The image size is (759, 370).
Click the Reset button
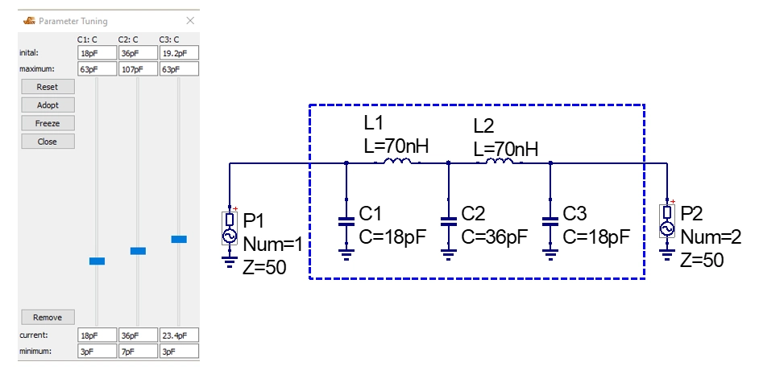48,87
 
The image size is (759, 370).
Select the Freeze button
48,123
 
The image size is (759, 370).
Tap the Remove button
48,318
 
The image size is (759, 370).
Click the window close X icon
190,20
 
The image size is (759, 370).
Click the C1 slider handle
97,261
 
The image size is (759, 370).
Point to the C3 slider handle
179,239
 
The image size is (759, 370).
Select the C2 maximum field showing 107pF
138,69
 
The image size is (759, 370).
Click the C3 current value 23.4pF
179,335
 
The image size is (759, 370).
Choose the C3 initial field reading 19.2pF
179,52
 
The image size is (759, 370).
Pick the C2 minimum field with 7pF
138,351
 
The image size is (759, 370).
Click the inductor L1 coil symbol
397,161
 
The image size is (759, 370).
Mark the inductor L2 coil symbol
499,161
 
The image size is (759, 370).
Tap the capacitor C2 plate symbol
448,222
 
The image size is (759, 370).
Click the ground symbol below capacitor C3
550,254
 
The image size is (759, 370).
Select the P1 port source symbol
230,228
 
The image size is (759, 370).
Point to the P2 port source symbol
667,221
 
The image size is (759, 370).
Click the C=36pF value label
494,236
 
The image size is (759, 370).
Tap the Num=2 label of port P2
711,236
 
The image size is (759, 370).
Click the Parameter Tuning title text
73,21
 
